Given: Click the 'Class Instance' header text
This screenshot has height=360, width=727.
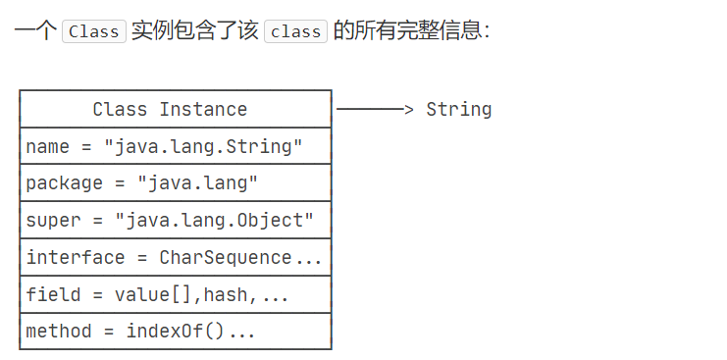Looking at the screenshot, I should pyautogui.click(x=170, y=109).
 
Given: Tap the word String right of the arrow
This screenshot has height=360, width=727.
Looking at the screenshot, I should pyautogui.click(x=458, y=109).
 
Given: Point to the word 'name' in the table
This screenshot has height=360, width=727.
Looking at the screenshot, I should pyautogui.click(x=47, y=146).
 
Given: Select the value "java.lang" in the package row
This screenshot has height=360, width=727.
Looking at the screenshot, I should pyautogui.click(x=197, y=183).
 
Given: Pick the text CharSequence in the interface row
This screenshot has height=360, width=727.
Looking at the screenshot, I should pyautogui.click(x=231, y=257).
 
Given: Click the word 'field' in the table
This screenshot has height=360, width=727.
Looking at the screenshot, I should pyautogui.click(x=53, y=294).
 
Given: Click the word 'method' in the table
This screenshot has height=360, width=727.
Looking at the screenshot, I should pyautogui.click(x=59, y=331).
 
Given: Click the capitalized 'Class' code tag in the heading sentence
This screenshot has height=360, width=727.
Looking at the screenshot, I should pyautogui.click(x=94, y=30).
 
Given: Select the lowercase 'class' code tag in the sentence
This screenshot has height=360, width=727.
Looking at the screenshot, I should pyautogui.click(x=295, y=30).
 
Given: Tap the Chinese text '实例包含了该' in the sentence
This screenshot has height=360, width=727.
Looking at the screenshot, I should pyautogui.click(x=194, y=30).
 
